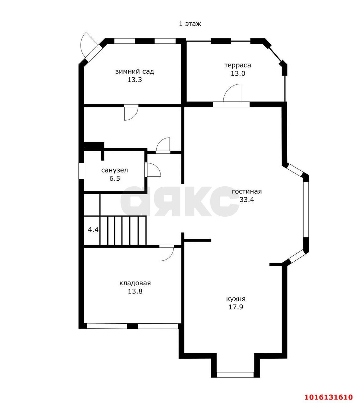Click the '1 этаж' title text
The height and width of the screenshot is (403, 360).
point(190,24)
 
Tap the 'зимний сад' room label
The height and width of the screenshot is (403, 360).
point(135,71)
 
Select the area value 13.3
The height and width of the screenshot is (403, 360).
point(135,80)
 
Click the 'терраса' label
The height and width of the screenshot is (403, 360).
point(238,65)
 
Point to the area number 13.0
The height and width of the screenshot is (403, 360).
point(238,73)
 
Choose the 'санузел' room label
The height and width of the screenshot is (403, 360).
point(115,170)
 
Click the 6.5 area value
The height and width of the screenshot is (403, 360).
point(115,179)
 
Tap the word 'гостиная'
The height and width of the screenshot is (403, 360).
point(247,191)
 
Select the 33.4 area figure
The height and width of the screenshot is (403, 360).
point(247,200)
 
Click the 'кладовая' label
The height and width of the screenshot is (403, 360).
point(135,283)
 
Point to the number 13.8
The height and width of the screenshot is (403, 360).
point(135,292)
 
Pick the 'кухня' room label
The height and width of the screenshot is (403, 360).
point(236,299)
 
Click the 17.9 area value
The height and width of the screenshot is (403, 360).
point(236,307)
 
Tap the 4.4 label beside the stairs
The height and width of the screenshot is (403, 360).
point(93,230)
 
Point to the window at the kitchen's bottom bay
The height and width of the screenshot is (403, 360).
point(235,375)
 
